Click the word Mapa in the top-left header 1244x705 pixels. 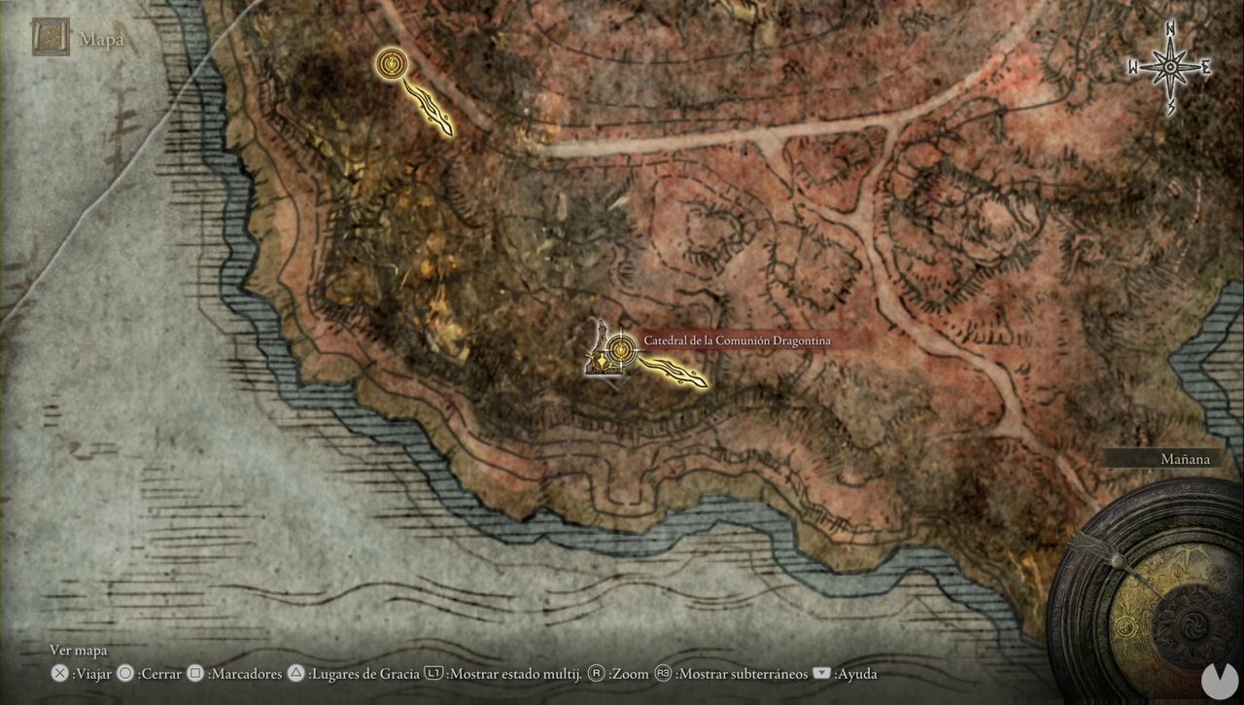(x=102, y=40)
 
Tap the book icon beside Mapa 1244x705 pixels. (x=51, y=37)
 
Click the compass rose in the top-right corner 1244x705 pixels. (x=1170, y=67)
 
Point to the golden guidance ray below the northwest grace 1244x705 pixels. (x=428, y=108)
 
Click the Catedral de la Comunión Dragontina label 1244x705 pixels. (x=737, y=340)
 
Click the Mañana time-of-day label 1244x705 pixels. (x=1186, y=459)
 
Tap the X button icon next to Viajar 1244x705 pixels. (x=59, y=674)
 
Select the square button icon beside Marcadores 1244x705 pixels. (x=195, y=674)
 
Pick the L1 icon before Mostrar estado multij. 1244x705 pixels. (x=434, y=674)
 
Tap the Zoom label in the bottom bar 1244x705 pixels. (x=630, y=674)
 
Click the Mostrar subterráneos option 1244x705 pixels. (x=741, y=674)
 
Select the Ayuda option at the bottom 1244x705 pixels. (x=855, y=674)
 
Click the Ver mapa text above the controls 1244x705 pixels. (x=79, y=651)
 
